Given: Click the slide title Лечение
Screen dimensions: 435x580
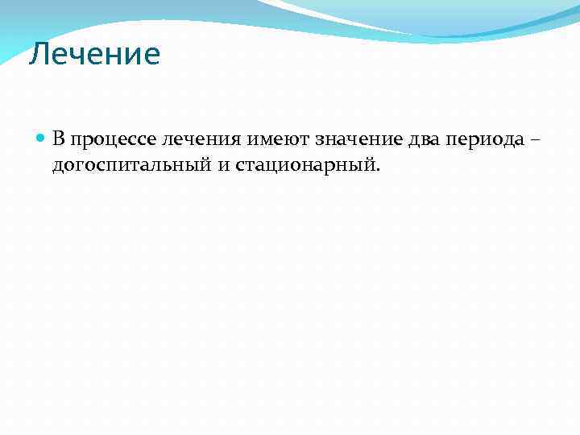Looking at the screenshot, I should [95, 55].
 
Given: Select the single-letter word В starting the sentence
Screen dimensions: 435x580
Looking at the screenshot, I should [59, 139].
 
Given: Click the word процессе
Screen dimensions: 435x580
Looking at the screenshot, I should [113, 140].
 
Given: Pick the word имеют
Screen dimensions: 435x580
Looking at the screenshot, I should [277, 139].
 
